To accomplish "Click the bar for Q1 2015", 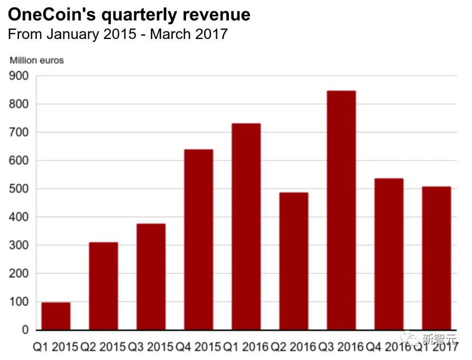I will [56, 316].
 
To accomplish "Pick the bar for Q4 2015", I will [198, 240].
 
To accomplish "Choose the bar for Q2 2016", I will [294, 261].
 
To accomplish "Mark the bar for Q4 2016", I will [389, 254].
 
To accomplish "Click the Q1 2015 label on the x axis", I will [55, 346].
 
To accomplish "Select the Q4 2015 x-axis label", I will [198, 346].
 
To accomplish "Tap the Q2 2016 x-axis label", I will [294, 346].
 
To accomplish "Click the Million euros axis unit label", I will [37, 60].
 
